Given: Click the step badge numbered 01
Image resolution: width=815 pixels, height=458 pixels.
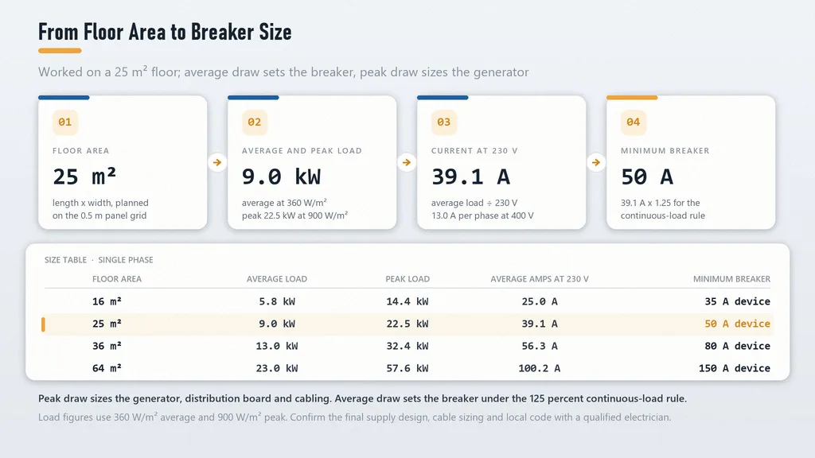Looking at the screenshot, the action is tap(65, 122).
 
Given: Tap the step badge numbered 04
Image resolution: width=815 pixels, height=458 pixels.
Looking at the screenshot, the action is tap(633, 122).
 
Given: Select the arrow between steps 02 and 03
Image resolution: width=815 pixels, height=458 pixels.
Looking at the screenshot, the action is tap(407, 162).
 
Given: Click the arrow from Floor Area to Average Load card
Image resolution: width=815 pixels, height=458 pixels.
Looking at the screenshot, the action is tap(217, 162).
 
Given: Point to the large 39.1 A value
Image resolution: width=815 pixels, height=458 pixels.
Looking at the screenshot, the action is tap(470, 177).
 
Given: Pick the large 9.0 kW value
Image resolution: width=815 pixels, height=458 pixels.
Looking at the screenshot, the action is tap(281, 177).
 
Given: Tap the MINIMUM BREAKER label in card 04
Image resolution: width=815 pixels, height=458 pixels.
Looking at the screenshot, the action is tap(665, 150).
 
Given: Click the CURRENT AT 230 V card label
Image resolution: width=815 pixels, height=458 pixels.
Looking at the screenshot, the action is tap(474, 150).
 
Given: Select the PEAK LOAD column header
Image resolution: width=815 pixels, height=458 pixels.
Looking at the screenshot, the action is tap(407, 279).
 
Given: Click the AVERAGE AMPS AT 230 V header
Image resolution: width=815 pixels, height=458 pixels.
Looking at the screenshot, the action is tap(540, 279).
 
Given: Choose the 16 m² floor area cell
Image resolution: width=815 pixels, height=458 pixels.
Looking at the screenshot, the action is tap(107, 301).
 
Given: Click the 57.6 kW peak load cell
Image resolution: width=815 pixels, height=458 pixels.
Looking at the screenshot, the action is tap(407, 368).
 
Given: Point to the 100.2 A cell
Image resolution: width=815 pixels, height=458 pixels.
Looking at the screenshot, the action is tap(540, 368).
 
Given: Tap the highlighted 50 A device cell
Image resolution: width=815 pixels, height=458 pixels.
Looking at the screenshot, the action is tap(738, 324).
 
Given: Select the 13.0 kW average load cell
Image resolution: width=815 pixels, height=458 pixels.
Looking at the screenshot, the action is tap(277, 346).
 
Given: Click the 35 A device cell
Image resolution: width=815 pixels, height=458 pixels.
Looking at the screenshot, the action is tap(738, 301).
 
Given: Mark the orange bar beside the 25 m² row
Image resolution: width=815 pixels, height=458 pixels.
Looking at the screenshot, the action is tap(43, 324).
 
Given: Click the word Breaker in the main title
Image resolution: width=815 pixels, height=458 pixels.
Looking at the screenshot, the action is tap(223, 32).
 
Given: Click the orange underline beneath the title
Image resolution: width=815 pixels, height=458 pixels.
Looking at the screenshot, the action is tap(60, 51).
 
